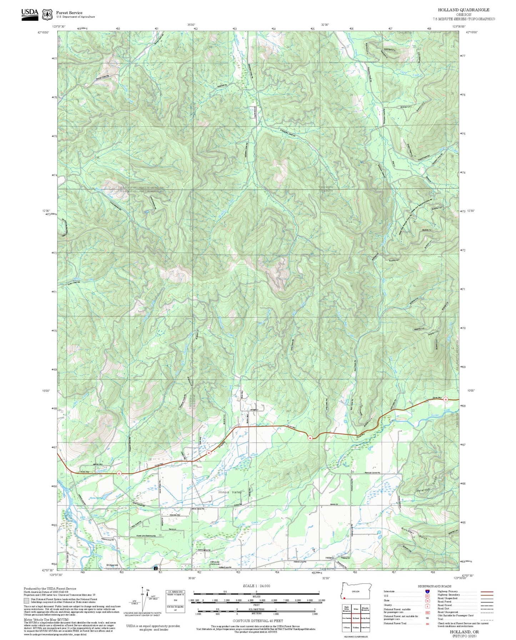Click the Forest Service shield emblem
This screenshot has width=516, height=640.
tap(47, 14)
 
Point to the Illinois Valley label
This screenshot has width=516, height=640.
tap(230, 492)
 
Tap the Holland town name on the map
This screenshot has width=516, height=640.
tap(329, 558)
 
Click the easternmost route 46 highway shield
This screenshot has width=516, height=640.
tap(446, 400)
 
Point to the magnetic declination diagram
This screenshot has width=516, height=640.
tap(143, 599)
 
